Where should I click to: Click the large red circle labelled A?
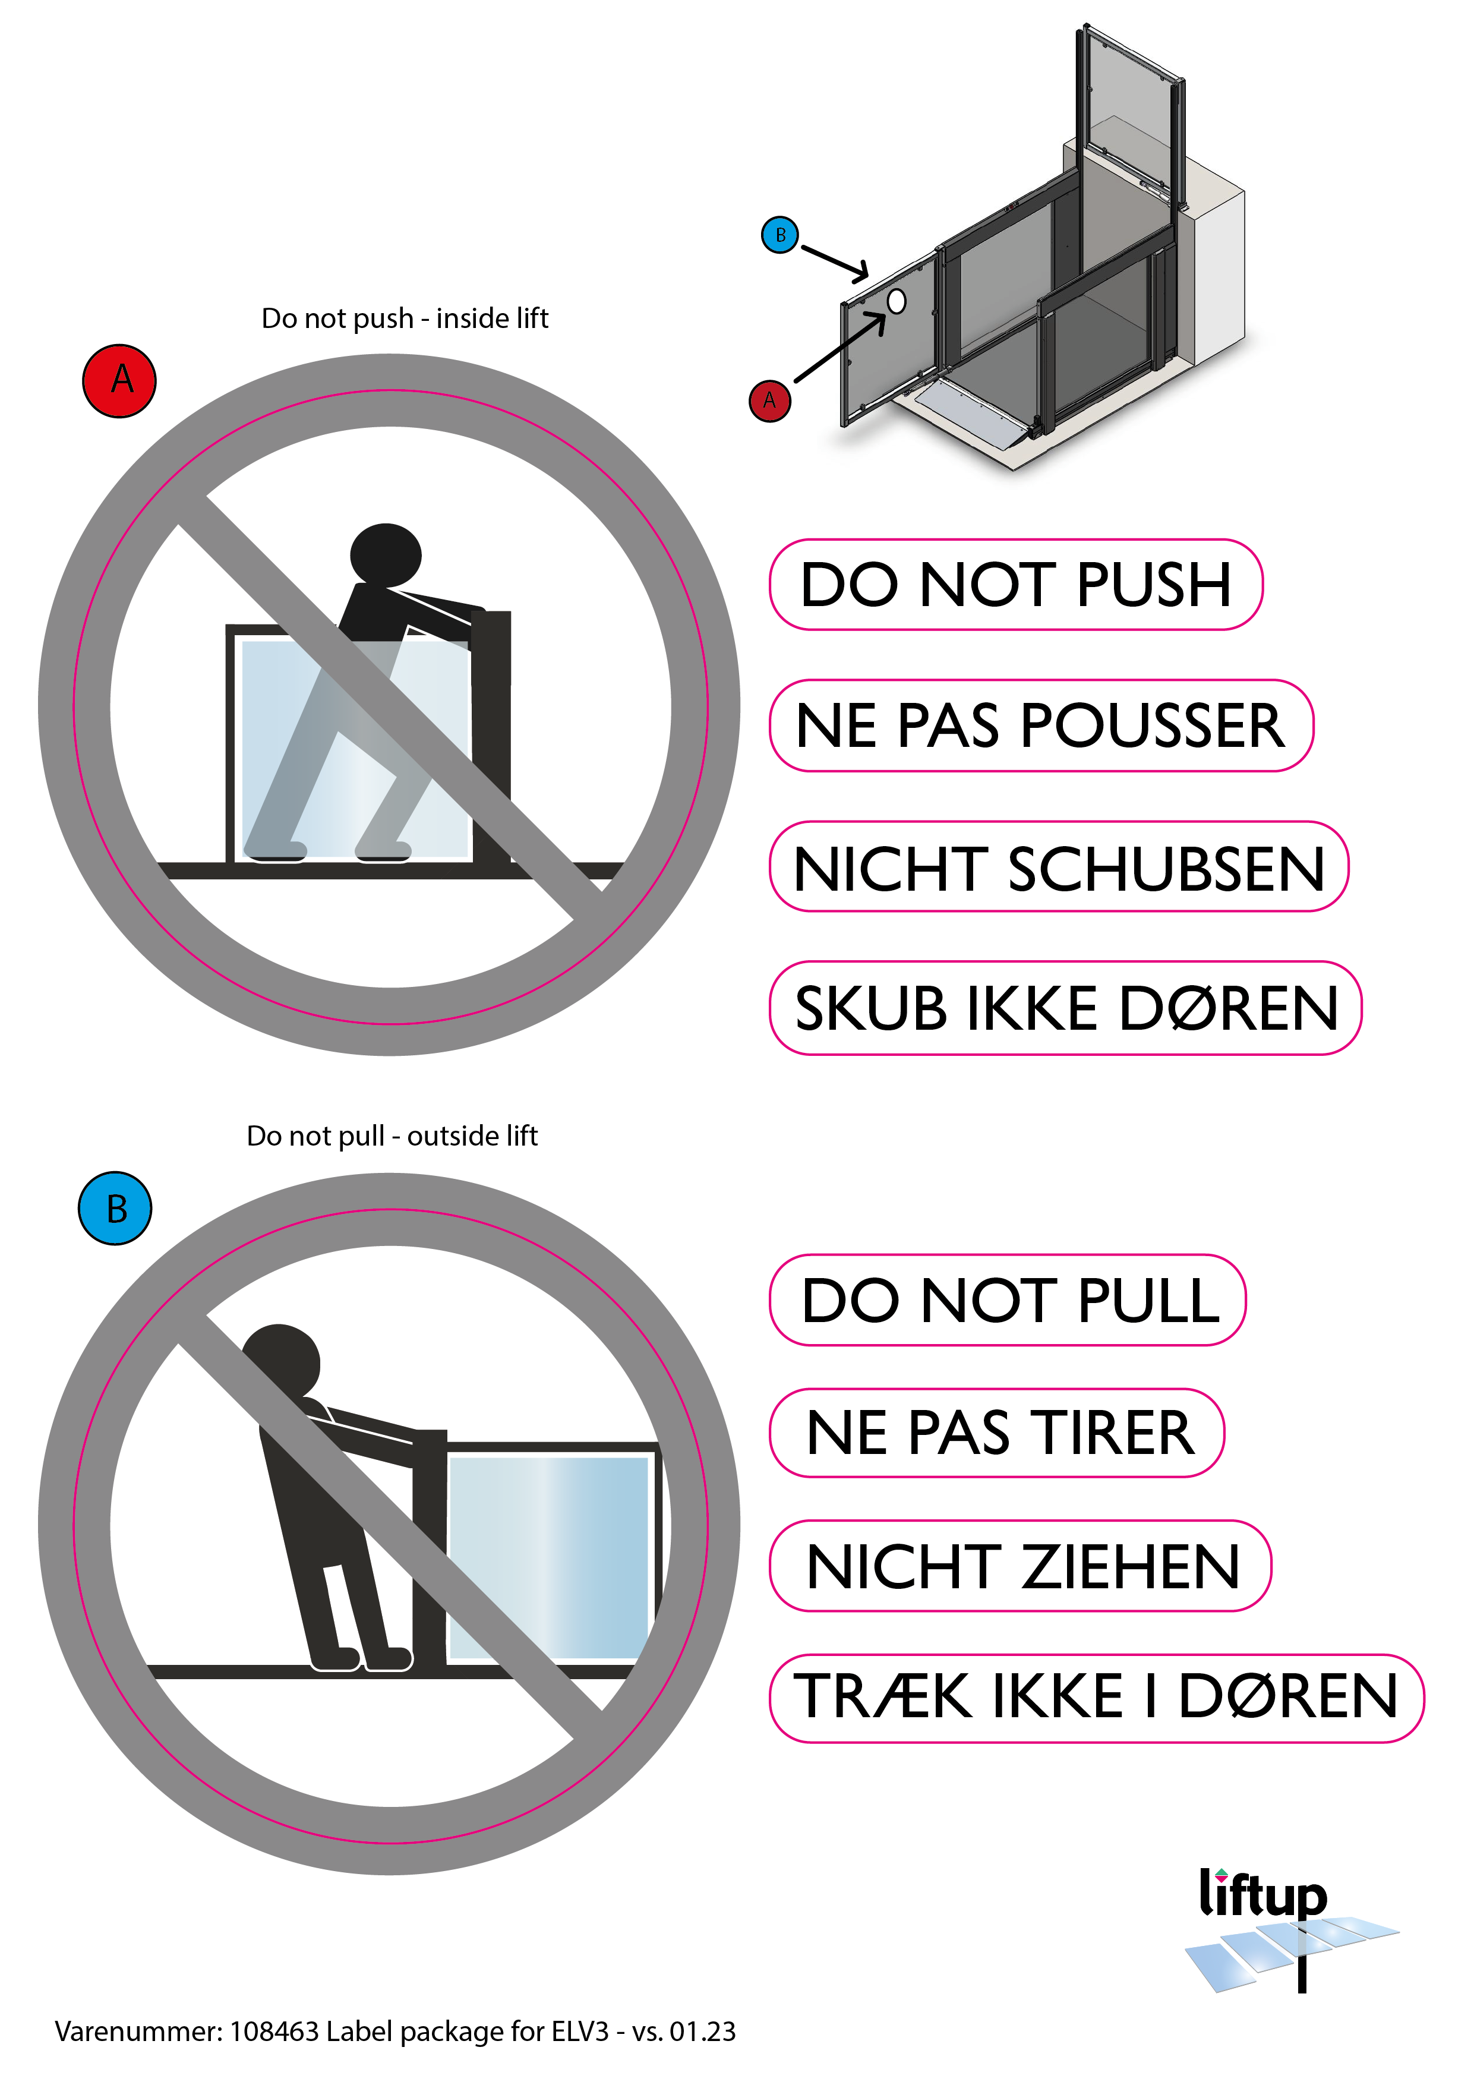(x=119, y=380)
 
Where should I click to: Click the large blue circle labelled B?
(x=115, y=1208)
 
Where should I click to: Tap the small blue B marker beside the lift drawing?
(x=779, y=235)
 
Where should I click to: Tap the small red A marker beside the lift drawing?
(x=769, y=400)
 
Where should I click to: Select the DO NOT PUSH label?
(x=1017, y=584)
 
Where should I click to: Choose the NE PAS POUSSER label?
(x=1041, y=726)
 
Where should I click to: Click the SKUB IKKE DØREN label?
(x=1065, y=1008)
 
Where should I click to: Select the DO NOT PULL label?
(x=1007, y=1299)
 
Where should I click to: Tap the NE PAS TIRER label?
(x=997, y=1433)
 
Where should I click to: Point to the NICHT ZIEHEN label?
(x=1020, y=1566)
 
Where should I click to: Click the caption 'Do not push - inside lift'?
(x=405, y=318)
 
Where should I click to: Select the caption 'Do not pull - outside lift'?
(x=392, y=1136)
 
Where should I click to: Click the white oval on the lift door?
(x=897, y=301)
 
